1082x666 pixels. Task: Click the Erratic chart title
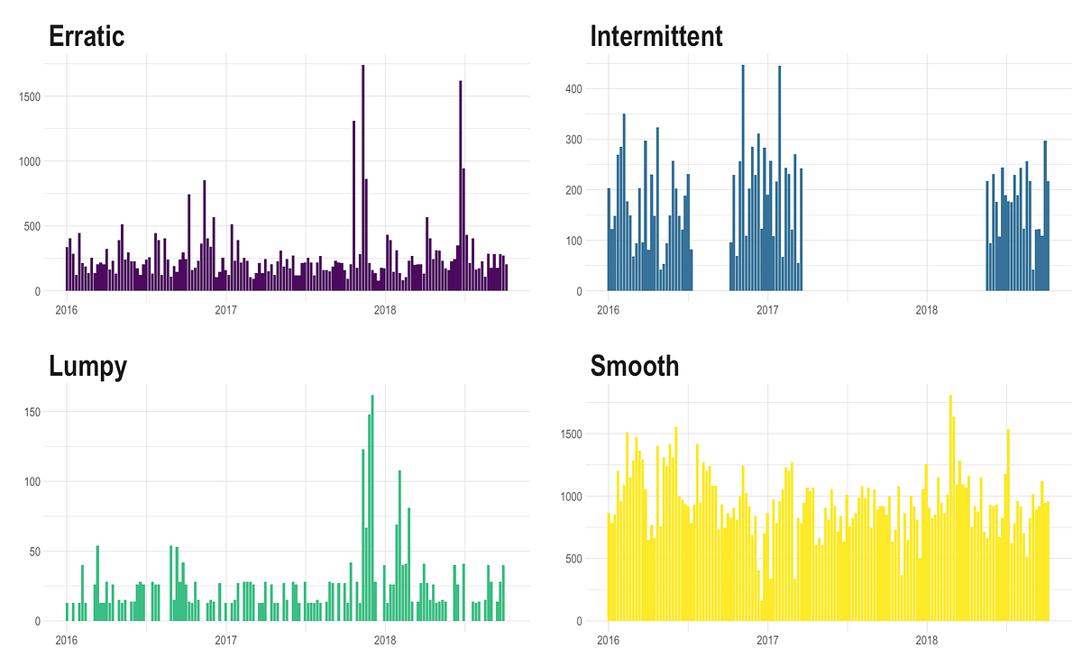(86, 36)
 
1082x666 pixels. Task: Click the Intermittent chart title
(656, 36)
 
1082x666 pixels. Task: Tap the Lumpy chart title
(87, 366)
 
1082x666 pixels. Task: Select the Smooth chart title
(634, 366)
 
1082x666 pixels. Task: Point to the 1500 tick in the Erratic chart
(31, 96)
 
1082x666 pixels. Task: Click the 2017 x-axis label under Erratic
(225, 310)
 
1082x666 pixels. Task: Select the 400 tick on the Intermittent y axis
(574, 89)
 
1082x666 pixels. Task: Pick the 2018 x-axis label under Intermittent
(927, 310)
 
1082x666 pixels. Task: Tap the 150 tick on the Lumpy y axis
(34, 412)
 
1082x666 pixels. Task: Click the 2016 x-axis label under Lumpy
(66, 640)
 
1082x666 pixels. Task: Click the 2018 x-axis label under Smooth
(927, 640)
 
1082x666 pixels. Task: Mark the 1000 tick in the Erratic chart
(31, 161)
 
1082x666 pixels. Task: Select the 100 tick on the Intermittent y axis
(574, 241)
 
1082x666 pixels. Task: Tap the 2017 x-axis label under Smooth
(767, 640)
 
